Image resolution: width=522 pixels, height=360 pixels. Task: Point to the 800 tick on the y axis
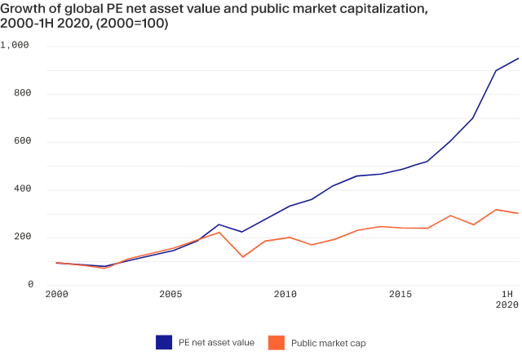pos(21,94)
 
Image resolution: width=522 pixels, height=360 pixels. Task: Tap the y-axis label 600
pos(21,142)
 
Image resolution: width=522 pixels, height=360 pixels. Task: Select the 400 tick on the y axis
pos(21,190)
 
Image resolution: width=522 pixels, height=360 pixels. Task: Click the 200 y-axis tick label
pos(21,238)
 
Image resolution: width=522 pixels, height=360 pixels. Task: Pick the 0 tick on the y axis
pos(29,285)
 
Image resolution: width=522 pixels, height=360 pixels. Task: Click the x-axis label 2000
pos(56,295)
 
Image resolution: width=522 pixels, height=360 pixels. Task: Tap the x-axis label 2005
pos(170,295)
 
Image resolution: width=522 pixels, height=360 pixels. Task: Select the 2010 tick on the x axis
pos(285,295)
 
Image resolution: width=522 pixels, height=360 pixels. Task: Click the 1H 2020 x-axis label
pos(507,300)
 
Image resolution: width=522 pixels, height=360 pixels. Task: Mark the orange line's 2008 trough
pos(242,257)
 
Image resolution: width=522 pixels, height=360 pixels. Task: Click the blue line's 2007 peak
pos(219,224)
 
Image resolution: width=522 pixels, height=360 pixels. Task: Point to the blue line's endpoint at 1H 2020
pos(519,58)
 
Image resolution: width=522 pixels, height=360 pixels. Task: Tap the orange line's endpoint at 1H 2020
pos(519,213)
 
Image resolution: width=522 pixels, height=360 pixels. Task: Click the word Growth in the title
pos(21,9)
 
